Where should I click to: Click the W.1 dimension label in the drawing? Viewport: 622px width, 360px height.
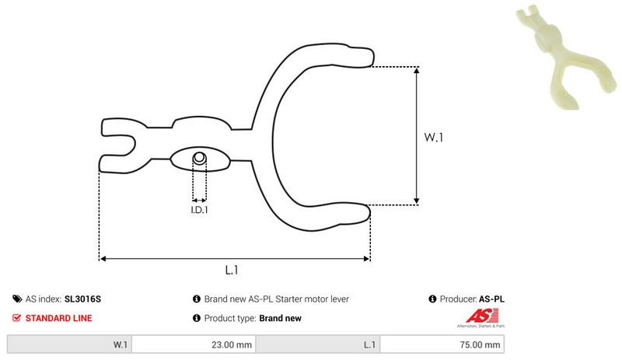[433, 137]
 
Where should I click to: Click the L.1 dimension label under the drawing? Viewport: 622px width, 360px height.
[231, 271]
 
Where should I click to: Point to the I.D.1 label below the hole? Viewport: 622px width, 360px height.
[200, 210]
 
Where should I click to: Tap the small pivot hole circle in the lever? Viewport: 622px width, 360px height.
[199, 159]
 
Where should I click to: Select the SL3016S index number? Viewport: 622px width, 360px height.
[83, 299]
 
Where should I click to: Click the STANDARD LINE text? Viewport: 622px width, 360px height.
[58, 318]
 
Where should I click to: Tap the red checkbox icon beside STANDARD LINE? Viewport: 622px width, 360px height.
[17, 318]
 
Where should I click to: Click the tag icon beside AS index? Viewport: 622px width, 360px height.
[17, 299]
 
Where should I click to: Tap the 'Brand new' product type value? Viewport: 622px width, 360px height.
[280, 318]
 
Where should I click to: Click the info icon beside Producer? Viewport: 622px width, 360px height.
[433, 299]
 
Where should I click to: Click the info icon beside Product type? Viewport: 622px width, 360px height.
[196, 318]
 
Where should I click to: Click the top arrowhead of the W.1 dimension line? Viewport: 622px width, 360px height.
[418, 70]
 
